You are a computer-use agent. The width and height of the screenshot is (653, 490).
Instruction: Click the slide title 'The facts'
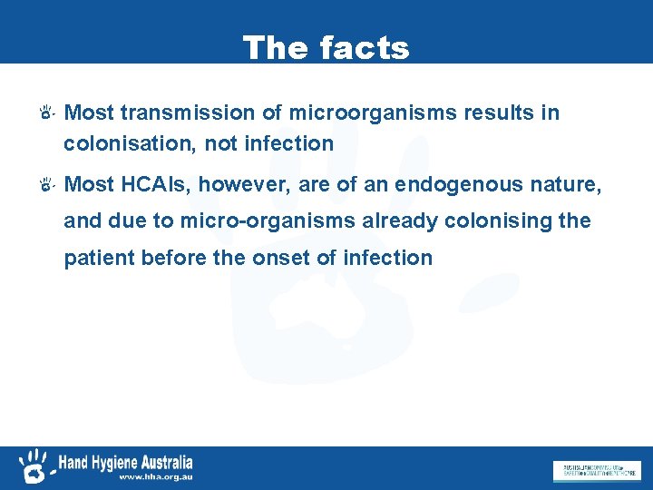[326, 47]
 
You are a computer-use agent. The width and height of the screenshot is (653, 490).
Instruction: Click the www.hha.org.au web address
[156, 476]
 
